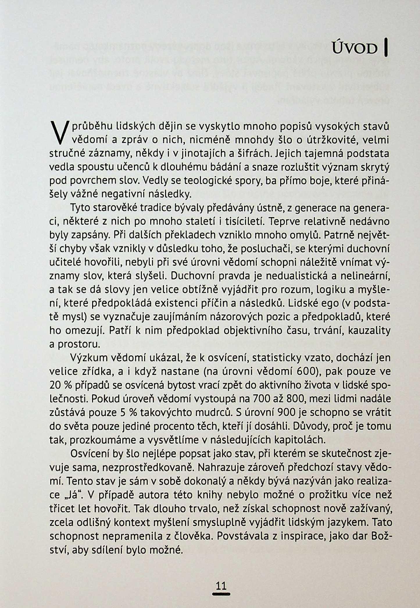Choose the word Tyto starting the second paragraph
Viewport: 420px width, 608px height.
(x=81, y=208)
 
